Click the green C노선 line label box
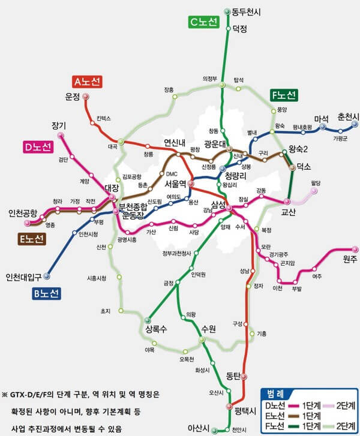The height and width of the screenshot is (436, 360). (205, 22)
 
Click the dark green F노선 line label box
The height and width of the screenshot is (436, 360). (283, 95)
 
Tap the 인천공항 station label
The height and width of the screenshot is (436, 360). (23, 213)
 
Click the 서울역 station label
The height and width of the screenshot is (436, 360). (176, 184)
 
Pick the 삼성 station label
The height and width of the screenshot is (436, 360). (218, 205)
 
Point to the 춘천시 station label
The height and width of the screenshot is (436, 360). (348, 116)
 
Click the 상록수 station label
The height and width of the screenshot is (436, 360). (155, 329)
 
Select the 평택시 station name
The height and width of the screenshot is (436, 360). (245, 411)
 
